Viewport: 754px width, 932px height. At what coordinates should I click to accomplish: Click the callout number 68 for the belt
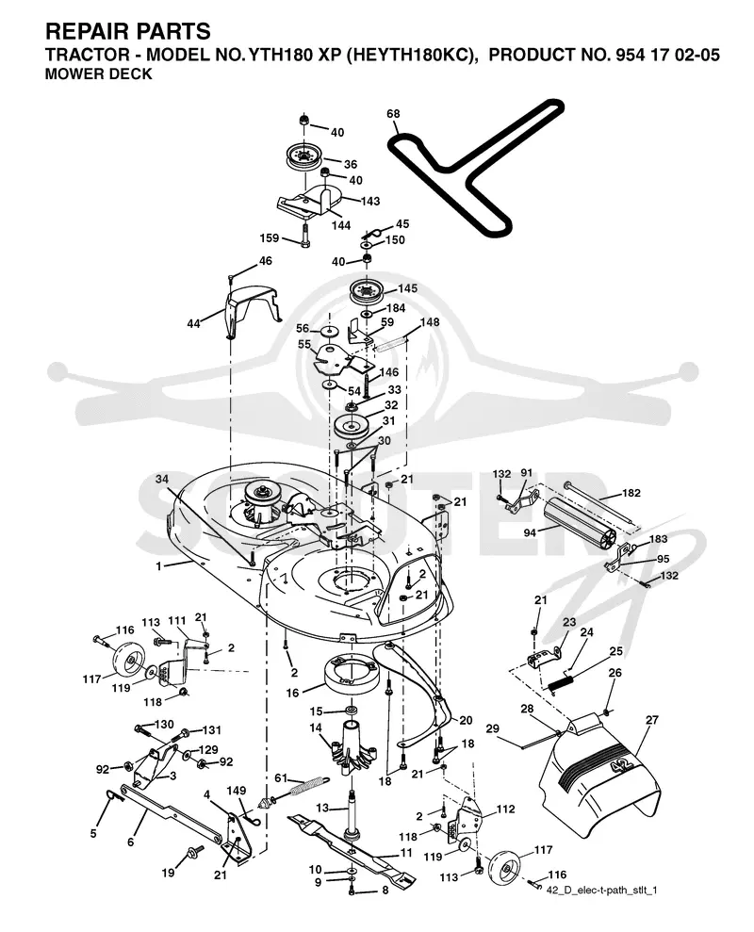tap(393, 113)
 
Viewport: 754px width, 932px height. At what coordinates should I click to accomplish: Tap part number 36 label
tap(351, 164)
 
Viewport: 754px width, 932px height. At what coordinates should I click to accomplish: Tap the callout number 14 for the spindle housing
tap(315, 728)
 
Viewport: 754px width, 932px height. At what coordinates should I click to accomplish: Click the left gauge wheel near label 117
tap(129, 661)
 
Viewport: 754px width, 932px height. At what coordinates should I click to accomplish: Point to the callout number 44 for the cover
tap(193, 324)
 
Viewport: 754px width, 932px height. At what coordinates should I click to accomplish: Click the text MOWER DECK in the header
tap(98, 74)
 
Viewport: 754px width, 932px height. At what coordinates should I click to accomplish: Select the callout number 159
tap(270, 237)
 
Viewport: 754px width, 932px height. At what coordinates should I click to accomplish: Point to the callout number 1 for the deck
tap(158, 566)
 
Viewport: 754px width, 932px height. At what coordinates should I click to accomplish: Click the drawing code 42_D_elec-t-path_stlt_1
tap(601, 891)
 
